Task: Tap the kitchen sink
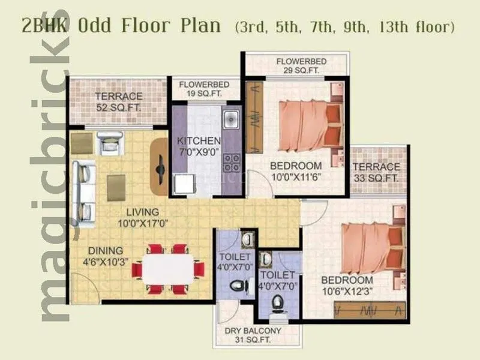[231, 119]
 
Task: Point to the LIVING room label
[142, 212]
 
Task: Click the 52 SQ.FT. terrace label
[119, 102]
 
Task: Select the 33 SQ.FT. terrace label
[376, 173]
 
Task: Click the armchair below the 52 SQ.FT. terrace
[110, 143]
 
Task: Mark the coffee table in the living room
[116, 187]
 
